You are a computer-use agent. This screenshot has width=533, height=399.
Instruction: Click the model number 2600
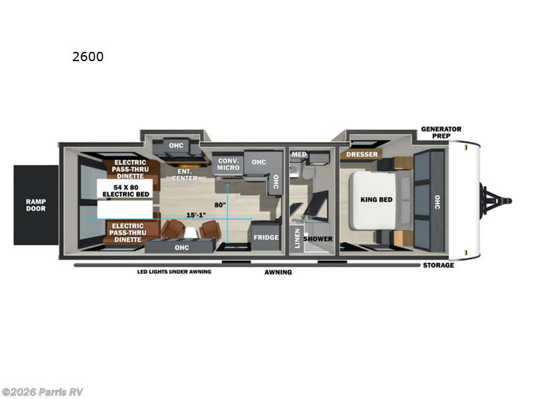point(88,57)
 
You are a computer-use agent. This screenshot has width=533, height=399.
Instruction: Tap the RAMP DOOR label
point(36,205)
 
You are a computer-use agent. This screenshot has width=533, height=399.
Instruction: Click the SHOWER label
point(318,239)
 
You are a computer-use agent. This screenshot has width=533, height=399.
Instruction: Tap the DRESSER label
point(362,155)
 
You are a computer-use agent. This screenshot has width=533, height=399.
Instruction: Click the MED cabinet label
point(299,155)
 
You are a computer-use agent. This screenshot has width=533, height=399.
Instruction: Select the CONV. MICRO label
point(229,164)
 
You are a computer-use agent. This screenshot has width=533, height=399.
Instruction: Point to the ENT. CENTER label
point(184,174)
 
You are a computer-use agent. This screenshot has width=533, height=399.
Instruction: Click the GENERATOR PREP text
point(440,132)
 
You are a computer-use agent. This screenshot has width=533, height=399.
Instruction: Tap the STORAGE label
point(438,265)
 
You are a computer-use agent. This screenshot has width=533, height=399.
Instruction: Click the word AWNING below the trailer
point(278,272)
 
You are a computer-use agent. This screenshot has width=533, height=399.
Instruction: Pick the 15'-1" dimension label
point(196,214)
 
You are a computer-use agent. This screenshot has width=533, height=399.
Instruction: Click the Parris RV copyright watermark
point(43,392)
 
